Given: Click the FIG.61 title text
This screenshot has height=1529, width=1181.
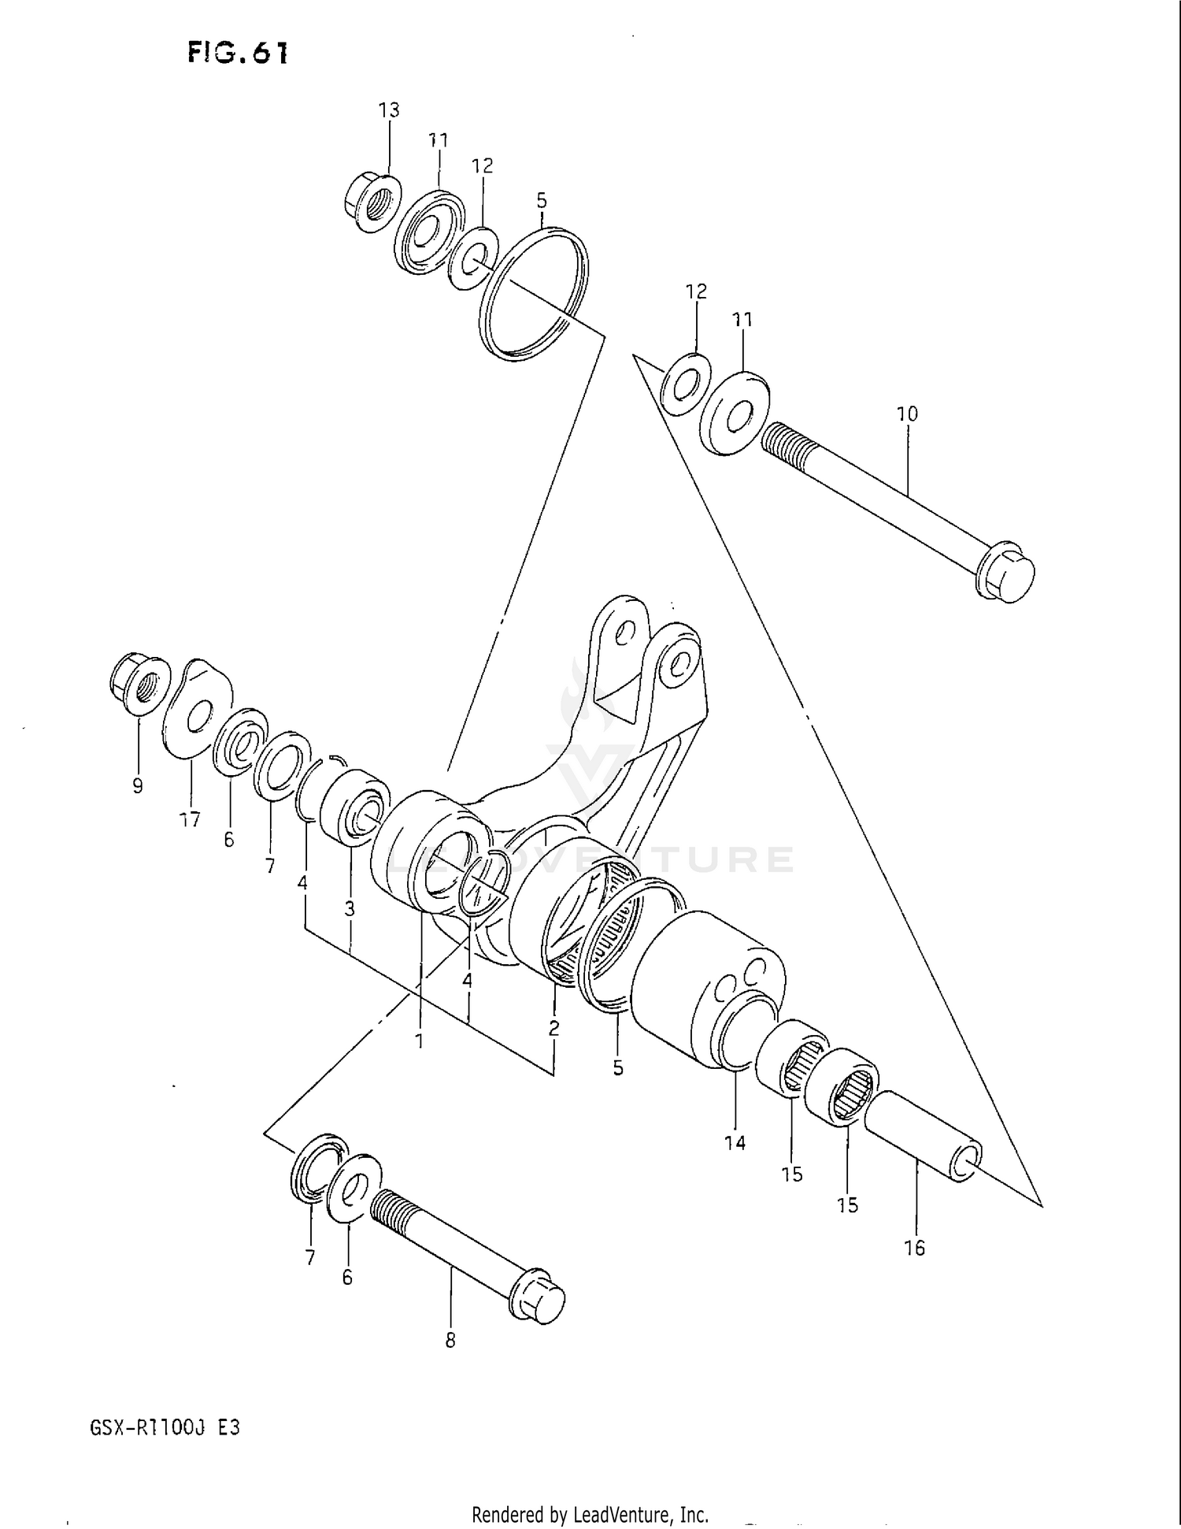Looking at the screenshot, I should (x=238, y=53).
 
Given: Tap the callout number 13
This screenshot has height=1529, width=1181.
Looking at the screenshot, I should (x=389, y=110).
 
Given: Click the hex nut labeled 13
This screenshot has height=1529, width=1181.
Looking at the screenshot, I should (x=372, y=203).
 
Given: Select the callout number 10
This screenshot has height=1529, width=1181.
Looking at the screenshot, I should (x=907, y=414).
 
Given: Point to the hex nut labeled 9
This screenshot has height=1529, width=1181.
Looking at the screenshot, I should (x=141, y=685).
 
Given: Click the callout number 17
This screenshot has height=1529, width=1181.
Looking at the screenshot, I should (x=190, y=820).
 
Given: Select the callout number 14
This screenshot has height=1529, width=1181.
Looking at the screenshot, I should (x=735, y=1143).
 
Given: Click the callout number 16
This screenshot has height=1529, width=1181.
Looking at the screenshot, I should (x=914, y=1248).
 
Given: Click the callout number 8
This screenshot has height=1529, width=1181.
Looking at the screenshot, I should (x=450, y=1341).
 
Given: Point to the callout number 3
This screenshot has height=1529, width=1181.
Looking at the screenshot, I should (x=350, y=909).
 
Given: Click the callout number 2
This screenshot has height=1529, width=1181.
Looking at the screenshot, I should (x=554, y=1028).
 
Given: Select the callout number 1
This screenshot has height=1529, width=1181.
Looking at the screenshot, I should (x=420, y=1041).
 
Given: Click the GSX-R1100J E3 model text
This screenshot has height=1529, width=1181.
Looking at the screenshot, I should (x=165, y=1427).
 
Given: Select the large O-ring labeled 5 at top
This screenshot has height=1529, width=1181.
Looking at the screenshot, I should (x=534, y=295).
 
